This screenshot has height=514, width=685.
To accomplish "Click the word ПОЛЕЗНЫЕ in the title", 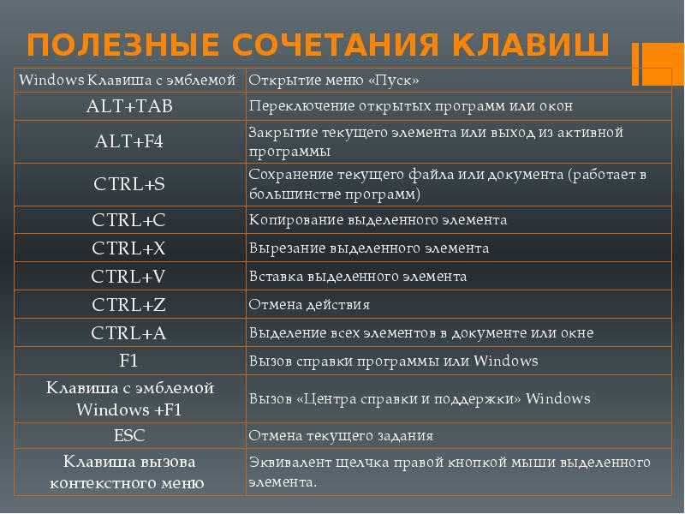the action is (x=122, y=45).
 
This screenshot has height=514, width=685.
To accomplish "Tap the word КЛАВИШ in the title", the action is (x=530, y=45).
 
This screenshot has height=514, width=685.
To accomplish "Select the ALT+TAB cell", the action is (x=129, y=106).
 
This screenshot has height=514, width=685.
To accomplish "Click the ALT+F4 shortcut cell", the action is (x=129, y=141).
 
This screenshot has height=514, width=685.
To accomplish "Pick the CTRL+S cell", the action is (x=129, y=184).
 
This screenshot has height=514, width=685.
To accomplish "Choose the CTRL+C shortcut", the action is (x=129, y=220).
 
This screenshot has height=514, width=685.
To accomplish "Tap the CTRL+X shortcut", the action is (x=129, y=248).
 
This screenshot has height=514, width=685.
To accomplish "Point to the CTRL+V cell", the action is (x=128, y=277).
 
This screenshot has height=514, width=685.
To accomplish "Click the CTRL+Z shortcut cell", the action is (x=129, y=305).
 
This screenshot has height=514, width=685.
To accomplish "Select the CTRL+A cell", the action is (x=128, y=333).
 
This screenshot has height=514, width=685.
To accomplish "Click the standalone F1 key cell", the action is (x=128, y=361).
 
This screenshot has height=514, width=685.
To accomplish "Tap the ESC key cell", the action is (x=129, y=435).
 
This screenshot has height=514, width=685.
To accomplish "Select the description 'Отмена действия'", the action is (x=309, y=305).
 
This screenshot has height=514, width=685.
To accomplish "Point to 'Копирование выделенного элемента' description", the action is (x=378, y=220).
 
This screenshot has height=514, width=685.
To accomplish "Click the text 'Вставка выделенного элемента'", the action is (x=358, y=277).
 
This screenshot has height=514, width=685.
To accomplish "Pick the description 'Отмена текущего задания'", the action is (x=341, y=436).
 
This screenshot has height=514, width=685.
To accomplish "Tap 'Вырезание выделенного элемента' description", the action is (x=369, y=248).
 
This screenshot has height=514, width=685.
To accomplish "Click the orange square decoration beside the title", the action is (x=658, y=63).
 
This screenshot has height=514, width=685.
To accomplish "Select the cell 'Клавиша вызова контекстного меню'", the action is (x=127, y=472).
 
